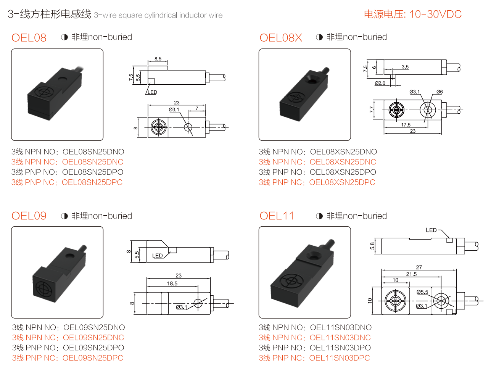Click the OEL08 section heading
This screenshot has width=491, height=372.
tap(29, 38)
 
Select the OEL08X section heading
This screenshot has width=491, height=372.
tap(281, 38)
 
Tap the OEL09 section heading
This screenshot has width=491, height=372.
tap(29, 216)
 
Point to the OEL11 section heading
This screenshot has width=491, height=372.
tap(277, 216)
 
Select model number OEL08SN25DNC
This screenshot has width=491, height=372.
tap(93, 162)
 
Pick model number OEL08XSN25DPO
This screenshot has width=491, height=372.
tap(343, 172)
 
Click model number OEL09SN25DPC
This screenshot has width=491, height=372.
tap(93, 358)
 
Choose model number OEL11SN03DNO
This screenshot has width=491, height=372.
tap(341, 327)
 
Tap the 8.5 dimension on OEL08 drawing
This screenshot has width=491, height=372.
tap(158, 59)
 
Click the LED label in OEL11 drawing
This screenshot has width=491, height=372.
tap(431, 230)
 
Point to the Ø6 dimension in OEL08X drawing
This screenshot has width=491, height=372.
tap(439, 92)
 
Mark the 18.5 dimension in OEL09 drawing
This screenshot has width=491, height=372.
tap(172, 283)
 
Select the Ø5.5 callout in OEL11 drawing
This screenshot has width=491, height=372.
tap(422, 292)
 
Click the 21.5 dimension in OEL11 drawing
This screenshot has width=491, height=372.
tap(411, 274)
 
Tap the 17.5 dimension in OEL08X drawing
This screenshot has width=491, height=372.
tap(406, 125)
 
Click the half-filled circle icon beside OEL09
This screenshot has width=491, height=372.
tap(64, 216)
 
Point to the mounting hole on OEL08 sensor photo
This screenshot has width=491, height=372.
tap(63, 80)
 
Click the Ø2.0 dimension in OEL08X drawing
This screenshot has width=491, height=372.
tap(380, 83)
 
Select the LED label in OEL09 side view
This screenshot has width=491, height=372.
tap(158, 256)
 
